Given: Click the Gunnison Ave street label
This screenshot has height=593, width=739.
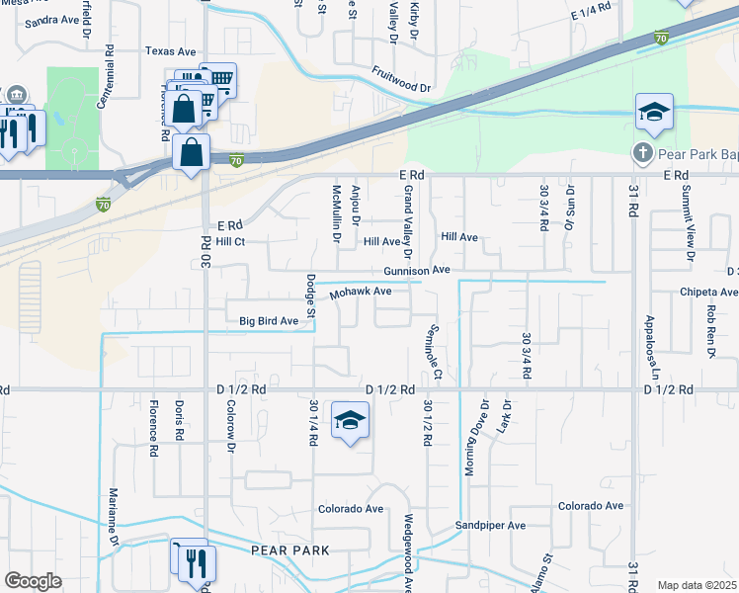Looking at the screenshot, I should pos(418,270).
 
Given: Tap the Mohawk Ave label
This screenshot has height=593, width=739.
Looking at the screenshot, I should pos(362,293).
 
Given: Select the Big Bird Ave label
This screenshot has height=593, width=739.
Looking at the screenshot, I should pos(269,321).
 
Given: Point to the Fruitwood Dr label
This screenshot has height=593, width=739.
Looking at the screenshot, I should pos(402,80).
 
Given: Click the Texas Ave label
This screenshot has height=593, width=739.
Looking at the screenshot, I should pos(170,50).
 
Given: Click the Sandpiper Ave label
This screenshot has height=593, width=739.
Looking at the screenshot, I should pos(490,526).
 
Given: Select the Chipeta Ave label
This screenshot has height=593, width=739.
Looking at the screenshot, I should pos(707,293).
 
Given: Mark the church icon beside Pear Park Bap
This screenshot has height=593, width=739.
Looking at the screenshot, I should pos(642,154).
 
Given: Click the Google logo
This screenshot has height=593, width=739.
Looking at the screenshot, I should pos(33,581).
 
